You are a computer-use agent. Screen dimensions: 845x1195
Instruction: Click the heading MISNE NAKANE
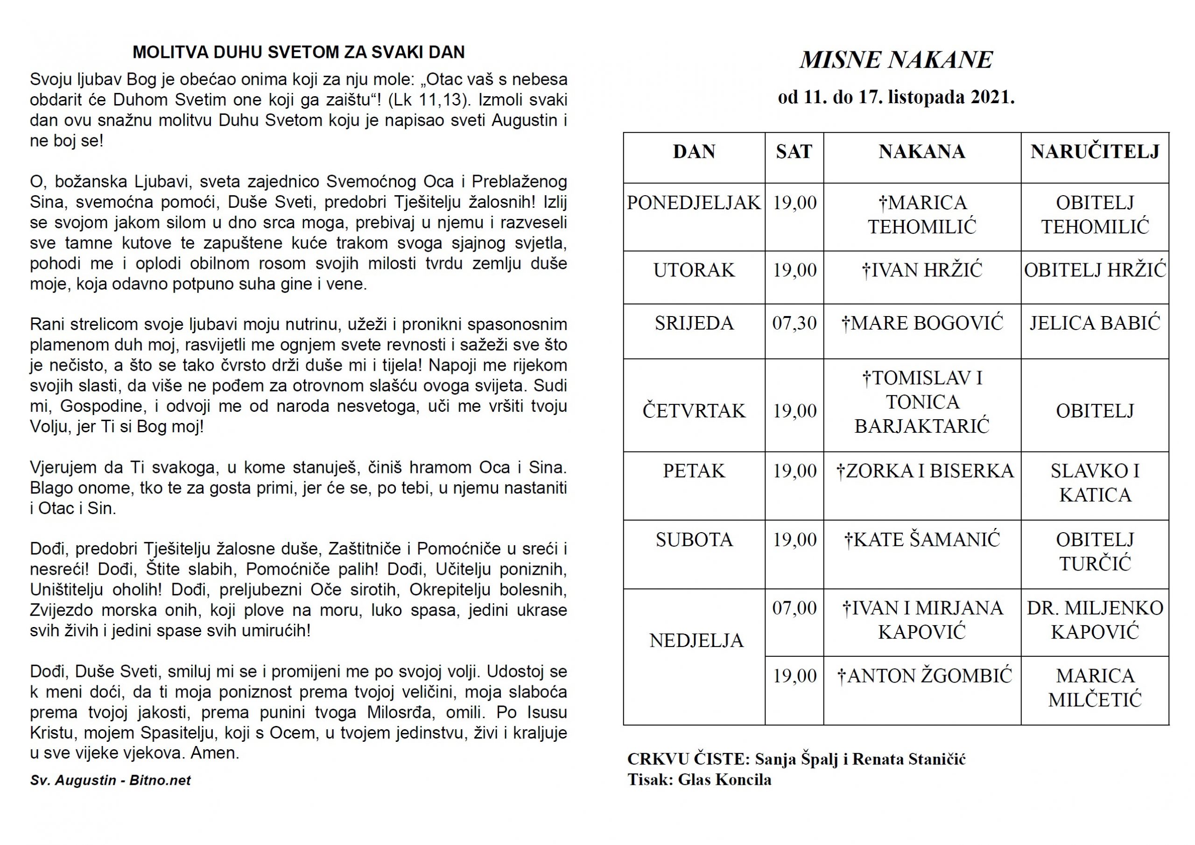[896, 60]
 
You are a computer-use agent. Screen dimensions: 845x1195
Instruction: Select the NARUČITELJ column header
[1095, 152]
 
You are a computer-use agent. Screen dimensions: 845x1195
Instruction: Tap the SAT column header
[794, 152]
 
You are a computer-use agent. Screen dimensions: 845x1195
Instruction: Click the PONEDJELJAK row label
[694, 203]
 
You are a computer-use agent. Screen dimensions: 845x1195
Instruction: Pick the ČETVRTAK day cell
[694, 411]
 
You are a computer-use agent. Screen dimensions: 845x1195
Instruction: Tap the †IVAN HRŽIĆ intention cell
[922, 271]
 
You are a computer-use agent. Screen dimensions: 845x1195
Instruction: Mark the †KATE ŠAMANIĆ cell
[922, 540]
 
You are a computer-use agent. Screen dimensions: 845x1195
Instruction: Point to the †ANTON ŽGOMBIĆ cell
[924, 676]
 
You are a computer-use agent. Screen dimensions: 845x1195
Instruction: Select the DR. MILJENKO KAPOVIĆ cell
[1095, 620]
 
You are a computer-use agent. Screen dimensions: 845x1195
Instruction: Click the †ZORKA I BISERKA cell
[924, 471]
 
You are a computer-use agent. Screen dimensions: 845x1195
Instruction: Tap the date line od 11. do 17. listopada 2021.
[896, 98]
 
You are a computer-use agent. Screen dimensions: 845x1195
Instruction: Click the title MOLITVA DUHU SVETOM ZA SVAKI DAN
[298, 53]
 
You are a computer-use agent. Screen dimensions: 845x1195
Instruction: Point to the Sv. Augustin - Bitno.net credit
[110, 781]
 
